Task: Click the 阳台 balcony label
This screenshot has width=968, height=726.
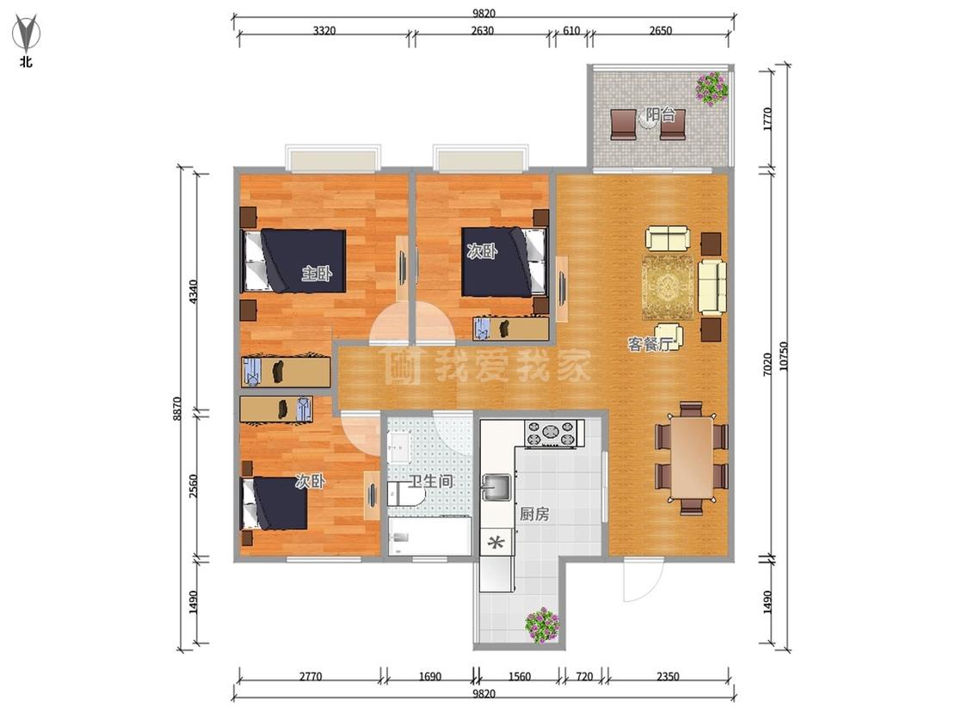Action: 660,114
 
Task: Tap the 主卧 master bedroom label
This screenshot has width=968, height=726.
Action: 316,273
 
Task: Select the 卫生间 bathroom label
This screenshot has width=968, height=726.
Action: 431,481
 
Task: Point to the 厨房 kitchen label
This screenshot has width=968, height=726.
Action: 534,514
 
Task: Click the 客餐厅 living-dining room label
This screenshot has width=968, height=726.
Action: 650,344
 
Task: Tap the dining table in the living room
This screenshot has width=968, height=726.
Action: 692,457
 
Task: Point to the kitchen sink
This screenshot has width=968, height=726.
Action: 496,486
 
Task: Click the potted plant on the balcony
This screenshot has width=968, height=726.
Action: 712,88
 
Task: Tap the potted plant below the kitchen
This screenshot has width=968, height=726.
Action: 542,624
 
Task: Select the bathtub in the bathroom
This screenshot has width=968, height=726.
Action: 429,537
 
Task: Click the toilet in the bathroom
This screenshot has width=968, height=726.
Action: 404,494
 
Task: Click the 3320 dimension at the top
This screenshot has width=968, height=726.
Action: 324,31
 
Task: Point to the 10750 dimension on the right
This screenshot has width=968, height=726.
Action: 784,356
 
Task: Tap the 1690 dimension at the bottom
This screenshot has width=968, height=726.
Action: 429,676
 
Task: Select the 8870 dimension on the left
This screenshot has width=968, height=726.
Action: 177,409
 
